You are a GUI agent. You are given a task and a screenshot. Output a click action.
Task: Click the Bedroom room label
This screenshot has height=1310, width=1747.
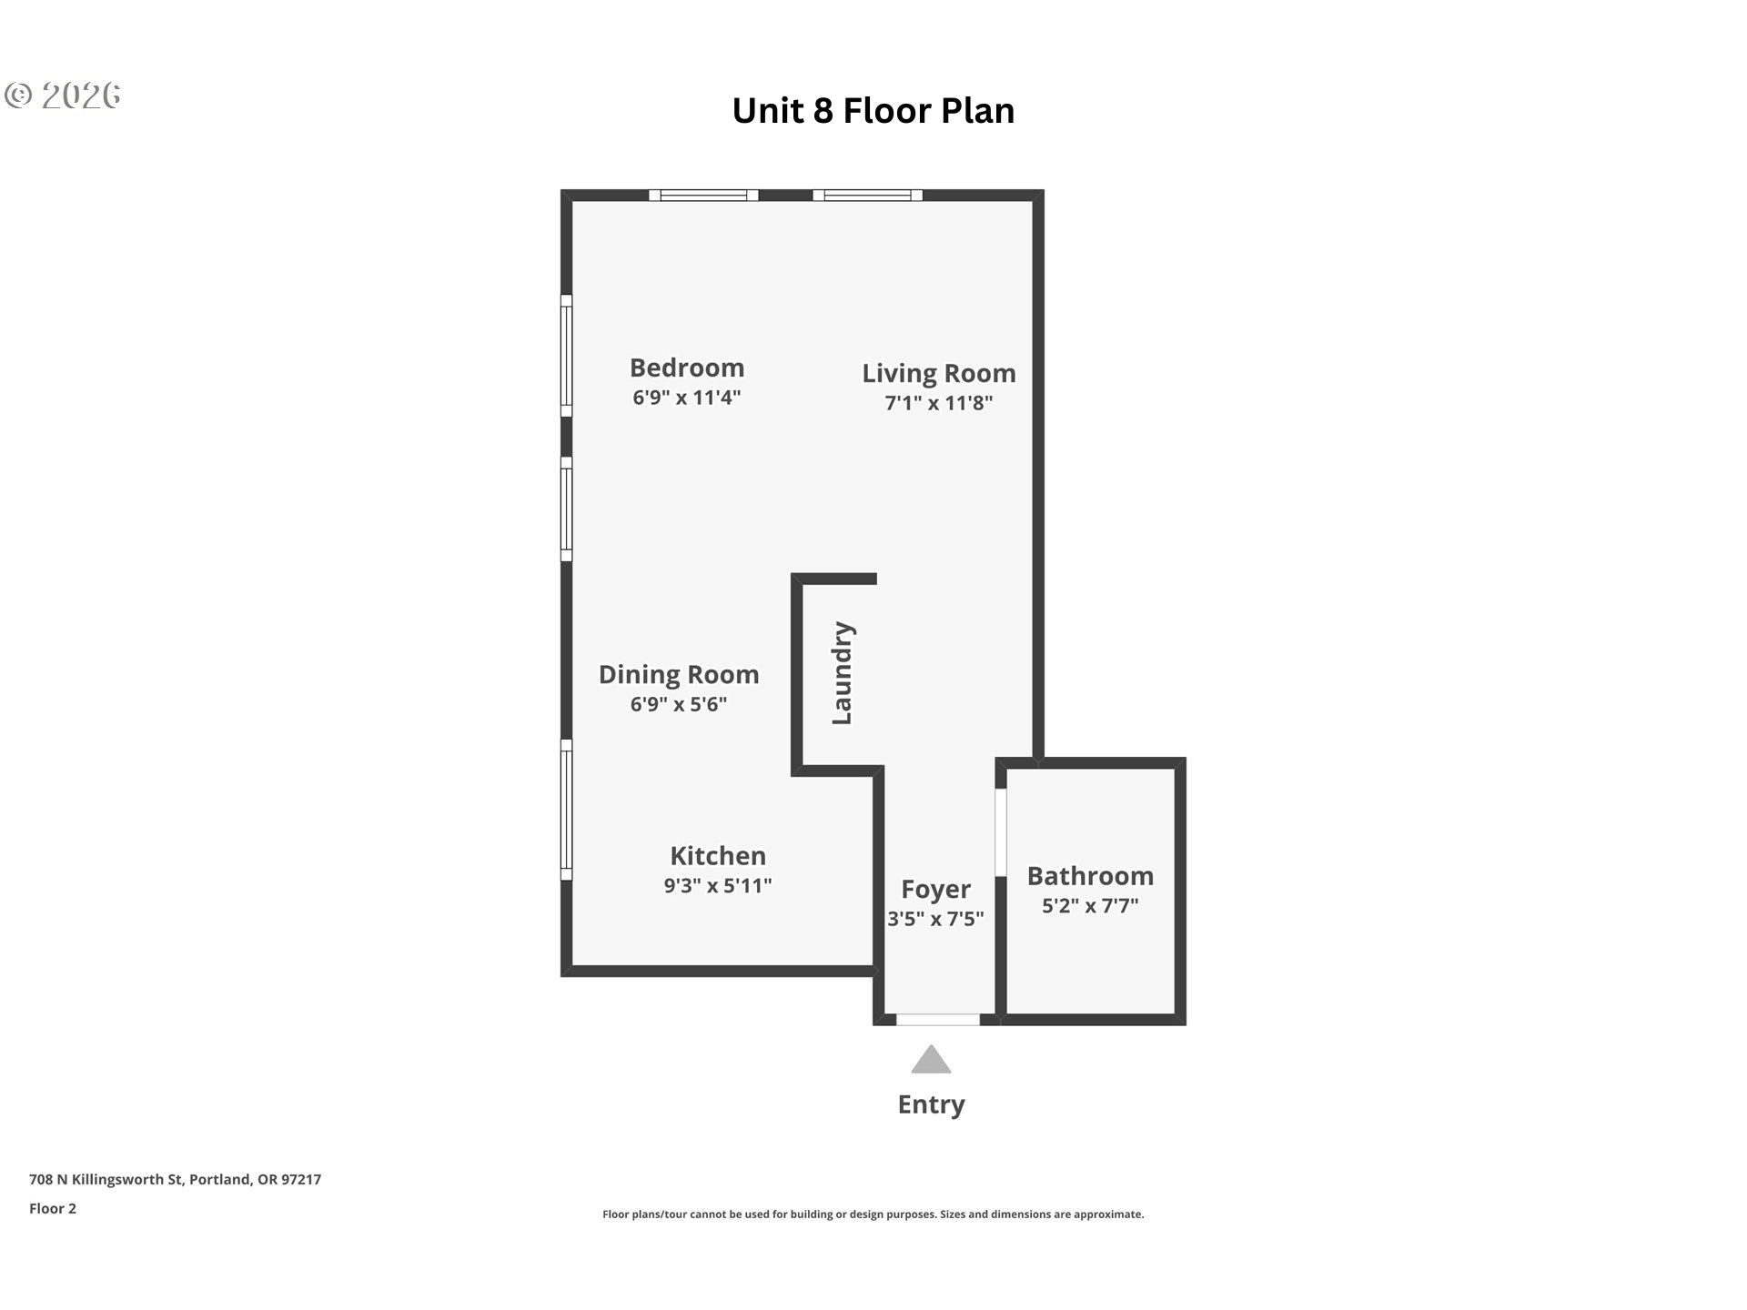coord(687,368)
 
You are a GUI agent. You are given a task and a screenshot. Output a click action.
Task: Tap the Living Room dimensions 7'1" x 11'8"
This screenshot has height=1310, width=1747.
coord(939,403)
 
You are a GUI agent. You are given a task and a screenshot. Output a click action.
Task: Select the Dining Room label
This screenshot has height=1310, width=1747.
coord(679,674)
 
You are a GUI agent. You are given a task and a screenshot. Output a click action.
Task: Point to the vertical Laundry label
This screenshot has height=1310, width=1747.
coord(843,673)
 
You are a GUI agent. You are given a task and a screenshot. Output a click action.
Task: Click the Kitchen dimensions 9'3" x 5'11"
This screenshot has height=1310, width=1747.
coord(718,885)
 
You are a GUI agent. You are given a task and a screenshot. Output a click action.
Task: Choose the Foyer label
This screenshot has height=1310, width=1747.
coord(935,889)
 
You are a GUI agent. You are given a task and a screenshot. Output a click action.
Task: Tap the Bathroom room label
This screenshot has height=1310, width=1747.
coord(1090,876)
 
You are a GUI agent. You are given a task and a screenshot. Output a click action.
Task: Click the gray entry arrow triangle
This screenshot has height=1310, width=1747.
coord(931,1060)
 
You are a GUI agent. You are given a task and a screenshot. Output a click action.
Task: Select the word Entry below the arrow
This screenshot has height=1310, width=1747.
coord(931,1104)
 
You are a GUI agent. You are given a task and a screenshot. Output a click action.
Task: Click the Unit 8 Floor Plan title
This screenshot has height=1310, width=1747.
coord(873,111)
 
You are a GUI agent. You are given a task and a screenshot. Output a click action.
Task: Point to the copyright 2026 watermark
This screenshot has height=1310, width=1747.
coord(62,96)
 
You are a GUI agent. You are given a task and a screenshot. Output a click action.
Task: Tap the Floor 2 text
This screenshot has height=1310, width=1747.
coord(53,1208)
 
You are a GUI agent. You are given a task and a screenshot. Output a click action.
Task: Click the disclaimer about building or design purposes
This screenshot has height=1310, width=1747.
coord(873,1214)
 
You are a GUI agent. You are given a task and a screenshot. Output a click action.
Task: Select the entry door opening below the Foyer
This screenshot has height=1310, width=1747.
coord(938,1020)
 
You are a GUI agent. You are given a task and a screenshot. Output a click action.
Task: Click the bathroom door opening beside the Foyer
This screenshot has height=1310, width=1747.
coord(1000,832)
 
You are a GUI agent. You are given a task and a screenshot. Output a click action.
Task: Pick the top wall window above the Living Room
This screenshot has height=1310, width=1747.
coord(867,195)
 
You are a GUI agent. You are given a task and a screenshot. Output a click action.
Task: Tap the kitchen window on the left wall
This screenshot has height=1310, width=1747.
coord(566,810)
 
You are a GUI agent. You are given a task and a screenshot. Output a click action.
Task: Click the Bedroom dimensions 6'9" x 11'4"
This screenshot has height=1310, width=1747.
coord(687,398)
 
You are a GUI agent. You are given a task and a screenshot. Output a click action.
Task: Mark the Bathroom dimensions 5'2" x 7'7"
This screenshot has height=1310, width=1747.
coord(1090,905)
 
